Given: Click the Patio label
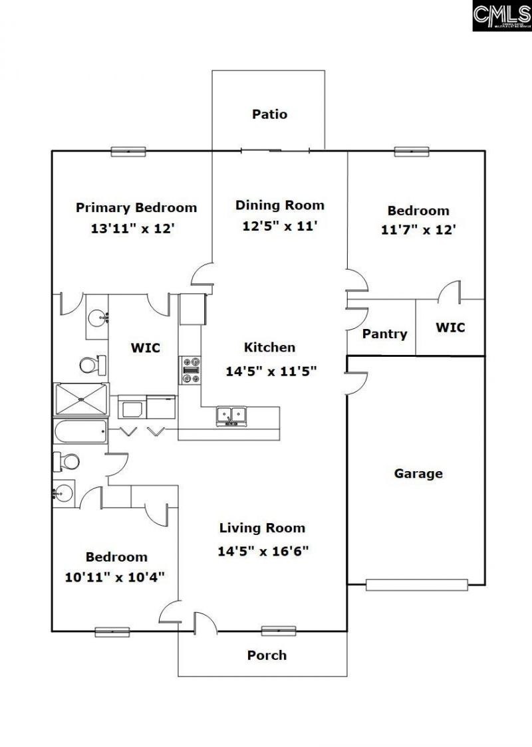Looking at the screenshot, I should point(269,114).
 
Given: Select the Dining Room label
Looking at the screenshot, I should point(279,205).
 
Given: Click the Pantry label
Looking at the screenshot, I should point(384,334).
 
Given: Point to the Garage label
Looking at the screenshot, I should point(418,474).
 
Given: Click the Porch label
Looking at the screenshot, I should point(267,655).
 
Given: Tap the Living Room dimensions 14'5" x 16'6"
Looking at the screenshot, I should point(263,551).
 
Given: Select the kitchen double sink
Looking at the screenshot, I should point(231,416).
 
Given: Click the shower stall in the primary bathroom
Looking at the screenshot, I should point(80,399).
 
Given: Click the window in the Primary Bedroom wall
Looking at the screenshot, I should point(128,152).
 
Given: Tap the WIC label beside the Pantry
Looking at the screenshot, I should point(450,328).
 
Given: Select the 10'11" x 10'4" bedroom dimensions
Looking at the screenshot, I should point(115,577).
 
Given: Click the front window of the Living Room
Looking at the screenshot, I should point(278,631).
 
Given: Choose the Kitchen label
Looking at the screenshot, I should point(269,348).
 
